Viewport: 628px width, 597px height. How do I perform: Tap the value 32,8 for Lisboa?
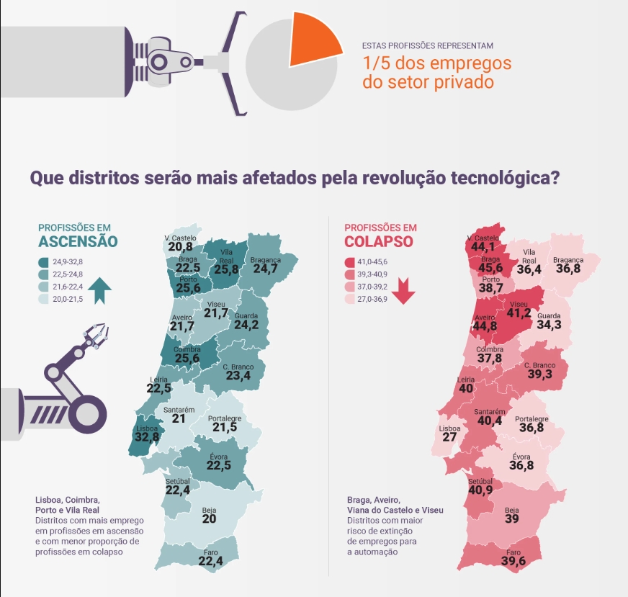click(147, 437)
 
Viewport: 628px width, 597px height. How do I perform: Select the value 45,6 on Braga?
click(490, 267)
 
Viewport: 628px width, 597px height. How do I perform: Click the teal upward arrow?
click(99, 291)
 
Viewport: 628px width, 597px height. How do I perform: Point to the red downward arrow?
click(403, 291)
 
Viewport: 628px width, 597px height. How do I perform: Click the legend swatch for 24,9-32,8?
click(43, 262)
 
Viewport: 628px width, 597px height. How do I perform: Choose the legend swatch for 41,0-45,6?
click(349, 262)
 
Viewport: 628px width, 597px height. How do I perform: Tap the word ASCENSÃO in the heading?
click(78, 241)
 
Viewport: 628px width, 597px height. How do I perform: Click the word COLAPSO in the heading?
click(379, 241)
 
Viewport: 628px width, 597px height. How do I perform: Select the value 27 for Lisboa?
click(449, 437)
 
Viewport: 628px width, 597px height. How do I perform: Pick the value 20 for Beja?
click(209, 519)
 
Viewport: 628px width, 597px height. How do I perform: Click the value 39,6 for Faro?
click(513, 561)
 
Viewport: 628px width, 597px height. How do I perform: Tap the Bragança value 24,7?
click(265, 269)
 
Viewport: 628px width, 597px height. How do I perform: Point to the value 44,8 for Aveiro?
click(485, 326)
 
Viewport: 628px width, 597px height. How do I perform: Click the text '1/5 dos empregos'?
click(437, 63)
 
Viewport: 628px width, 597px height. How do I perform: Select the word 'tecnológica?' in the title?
click(505, 178)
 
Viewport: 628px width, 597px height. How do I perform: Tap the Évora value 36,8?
click(521, 465)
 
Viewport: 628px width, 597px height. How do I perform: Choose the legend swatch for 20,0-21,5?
click(43, 299)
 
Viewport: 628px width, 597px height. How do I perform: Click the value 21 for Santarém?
click(179, 419)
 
